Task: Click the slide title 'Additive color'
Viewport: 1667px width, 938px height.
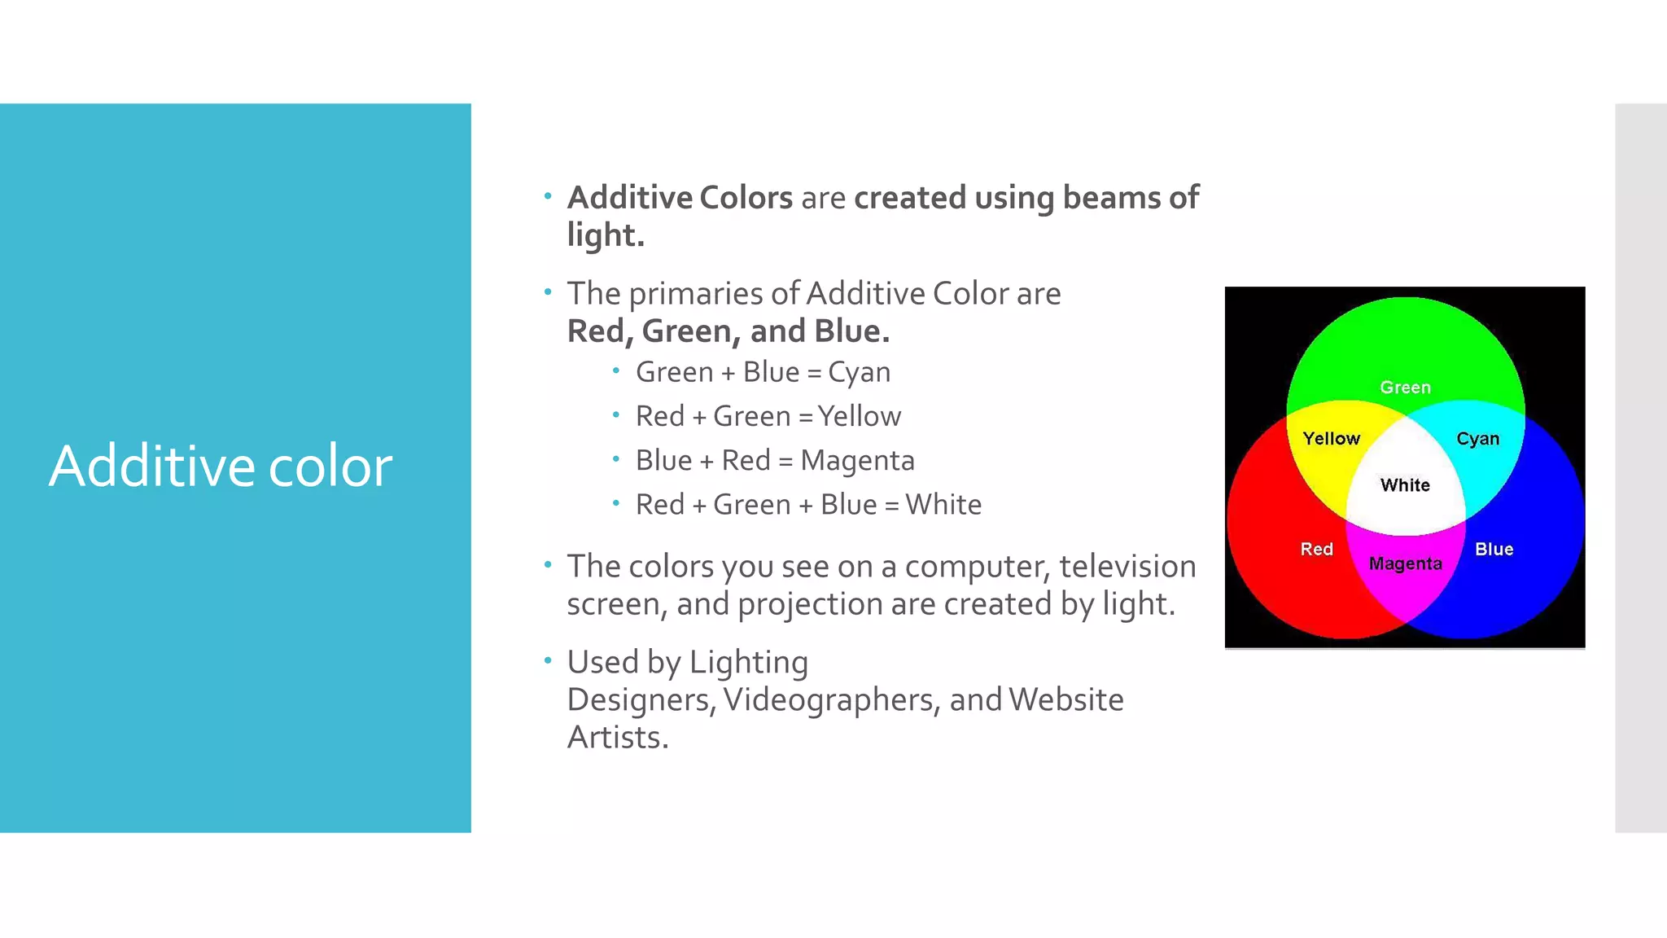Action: point(220,467)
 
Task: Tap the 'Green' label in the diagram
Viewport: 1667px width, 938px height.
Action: point(1405,388)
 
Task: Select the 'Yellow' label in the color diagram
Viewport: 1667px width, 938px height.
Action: point(1331,439)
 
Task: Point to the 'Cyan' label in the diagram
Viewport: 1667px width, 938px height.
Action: point(1477,439)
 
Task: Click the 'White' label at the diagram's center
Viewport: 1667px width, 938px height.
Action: point(1405,485)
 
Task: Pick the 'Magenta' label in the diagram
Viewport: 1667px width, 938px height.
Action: point(1405,563)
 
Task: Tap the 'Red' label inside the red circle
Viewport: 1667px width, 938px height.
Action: point(1316,550)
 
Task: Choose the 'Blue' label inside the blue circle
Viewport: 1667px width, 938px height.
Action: point(1494,550)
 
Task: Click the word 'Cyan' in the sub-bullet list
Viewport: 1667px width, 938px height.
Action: point(859,373)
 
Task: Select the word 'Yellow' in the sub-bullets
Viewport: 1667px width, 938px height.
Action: point(860,417)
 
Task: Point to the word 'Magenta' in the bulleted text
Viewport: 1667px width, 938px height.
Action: point(857,461)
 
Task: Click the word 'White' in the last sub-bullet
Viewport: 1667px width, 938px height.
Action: point(943,505)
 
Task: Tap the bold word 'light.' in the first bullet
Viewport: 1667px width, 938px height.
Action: point(606,235)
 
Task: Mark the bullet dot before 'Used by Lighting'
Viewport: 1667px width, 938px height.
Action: point(548,660)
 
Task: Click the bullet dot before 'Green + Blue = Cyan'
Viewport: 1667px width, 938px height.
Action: point(616,371)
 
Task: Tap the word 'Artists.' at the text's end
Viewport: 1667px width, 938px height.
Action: point(617,738)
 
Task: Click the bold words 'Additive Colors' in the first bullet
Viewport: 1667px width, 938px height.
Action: point(680,198)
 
